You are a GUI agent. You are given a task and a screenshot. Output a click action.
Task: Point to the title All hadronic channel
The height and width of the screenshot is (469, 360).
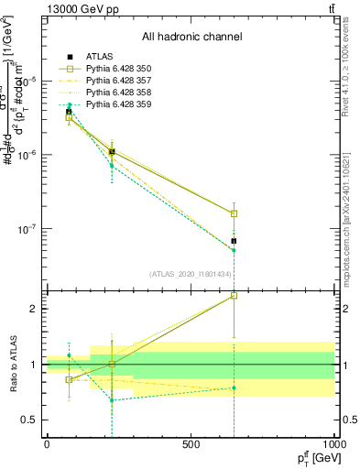[191, 37]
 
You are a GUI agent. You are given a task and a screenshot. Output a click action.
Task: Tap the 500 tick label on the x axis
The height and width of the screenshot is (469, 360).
[191, 443]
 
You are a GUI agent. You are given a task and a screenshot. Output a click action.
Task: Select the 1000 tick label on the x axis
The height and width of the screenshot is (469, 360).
[334, 443]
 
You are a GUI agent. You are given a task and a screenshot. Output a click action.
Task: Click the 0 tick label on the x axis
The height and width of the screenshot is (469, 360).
[47, 443]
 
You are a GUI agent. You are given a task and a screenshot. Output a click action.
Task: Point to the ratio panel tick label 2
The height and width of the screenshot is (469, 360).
[32, 309]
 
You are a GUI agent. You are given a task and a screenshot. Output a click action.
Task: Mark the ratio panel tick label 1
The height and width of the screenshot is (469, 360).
[32, 365]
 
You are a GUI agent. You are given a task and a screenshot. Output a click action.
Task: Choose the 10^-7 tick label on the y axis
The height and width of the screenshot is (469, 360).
[25, 229]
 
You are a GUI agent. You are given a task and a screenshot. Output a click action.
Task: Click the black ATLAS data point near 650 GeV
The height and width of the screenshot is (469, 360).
[234, 241]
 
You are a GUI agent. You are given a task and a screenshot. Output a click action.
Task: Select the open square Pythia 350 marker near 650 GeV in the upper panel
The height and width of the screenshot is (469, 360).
[234, 213]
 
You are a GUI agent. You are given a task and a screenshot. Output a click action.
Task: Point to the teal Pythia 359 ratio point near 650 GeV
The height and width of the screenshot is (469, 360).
[234, 387]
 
